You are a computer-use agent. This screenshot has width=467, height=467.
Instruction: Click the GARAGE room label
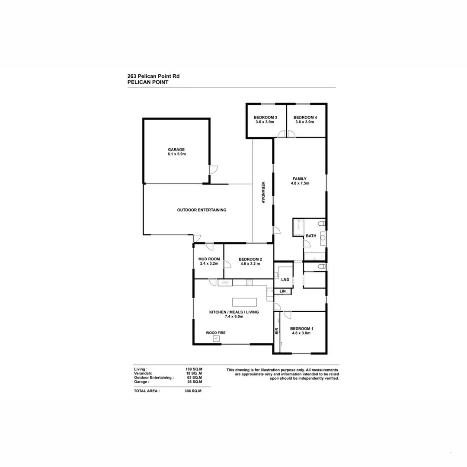tap(176, 149)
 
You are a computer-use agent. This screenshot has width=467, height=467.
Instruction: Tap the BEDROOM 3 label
tap(265, 118)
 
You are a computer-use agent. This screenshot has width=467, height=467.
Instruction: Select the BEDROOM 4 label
tap(305, 118)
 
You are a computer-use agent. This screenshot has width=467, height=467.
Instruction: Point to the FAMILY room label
tap(300, 179)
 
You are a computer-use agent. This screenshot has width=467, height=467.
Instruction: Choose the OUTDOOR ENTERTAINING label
tap(202, 210)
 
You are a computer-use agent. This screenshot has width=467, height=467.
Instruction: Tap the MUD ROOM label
tap(209, 259)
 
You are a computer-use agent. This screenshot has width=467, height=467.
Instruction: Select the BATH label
tap(311, 236)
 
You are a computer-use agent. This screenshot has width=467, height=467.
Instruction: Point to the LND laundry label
tap(285, 280)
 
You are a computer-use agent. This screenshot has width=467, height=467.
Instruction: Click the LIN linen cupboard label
tap(283, 292)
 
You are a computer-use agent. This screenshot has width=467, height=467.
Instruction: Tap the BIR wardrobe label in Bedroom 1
tap(277, 332)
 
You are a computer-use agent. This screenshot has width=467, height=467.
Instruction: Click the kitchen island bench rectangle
tap(244, 301)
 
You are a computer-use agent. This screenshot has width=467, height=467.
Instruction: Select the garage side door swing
tap(213, 170)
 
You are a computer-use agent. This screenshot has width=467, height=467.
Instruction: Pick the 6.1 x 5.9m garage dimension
tap(176, 154)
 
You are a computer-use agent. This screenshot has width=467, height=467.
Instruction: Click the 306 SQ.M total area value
tap(193, 390)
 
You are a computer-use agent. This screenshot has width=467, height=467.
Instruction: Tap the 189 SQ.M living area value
tap(194, 369)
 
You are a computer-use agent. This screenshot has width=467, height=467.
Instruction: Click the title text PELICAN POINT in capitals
tap(148, 82)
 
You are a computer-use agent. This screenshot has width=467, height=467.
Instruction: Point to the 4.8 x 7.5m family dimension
tap(300, 183)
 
